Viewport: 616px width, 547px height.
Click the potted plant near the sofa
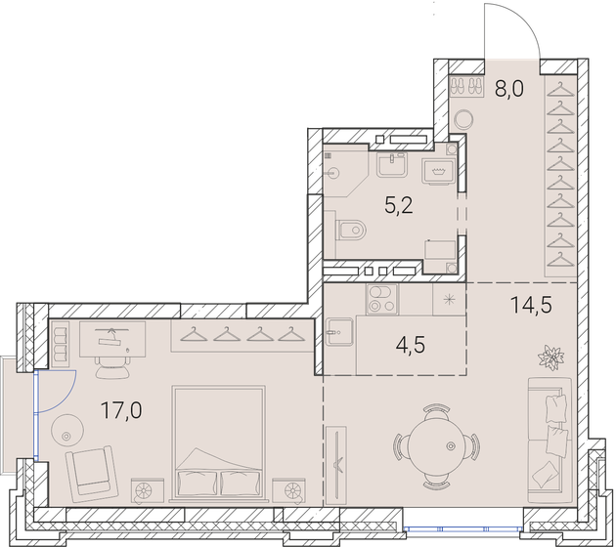[x=550, y=356]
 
